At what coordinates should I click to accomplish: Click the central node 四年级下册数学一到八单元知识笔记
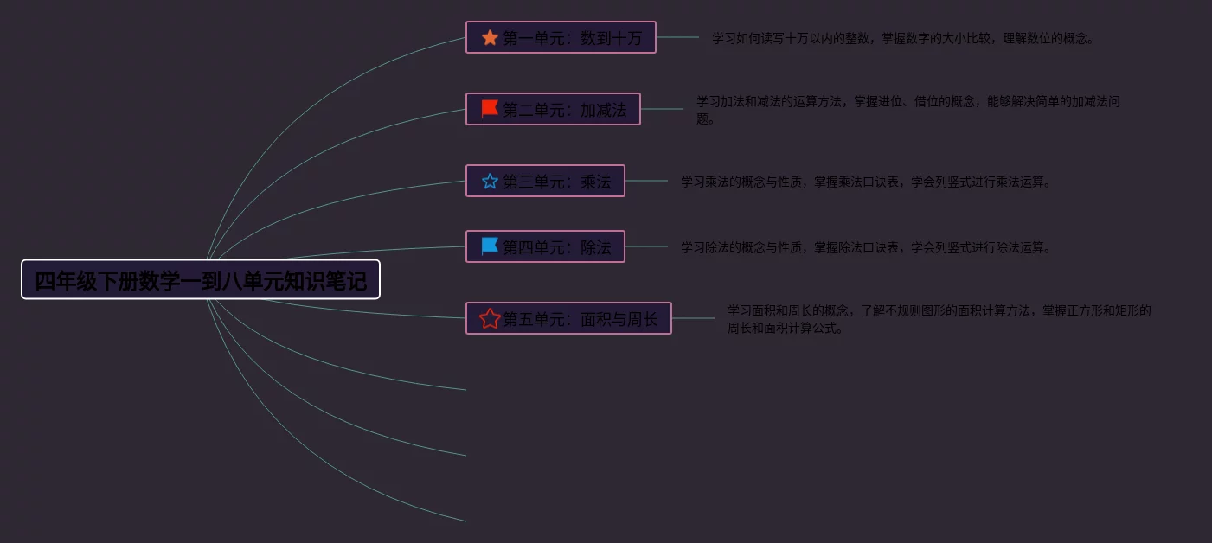coord(201,280)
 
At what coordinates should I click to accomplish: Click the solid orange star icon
coord(490,38)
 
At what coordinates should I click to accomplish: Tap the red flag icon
coord(490,109)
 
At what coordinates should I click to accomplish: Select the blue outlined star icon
coord(490,182)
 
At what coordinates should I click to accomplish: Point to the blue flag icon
coord(490,246)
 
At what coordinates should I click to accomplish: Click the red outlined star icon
coord(490,319)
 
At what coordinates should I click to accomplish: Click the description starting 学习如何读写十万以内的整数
coord(903,38)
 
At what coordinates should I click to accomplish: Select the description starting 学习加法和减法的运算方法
coord(908,110)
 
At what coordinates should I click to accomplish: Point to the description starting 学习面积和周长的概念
coord(939,318)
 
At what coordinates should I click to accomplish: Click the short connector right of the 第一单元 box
coord(677,37)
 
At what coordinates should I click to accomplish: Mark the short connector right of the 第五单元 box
coord(693,318)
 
